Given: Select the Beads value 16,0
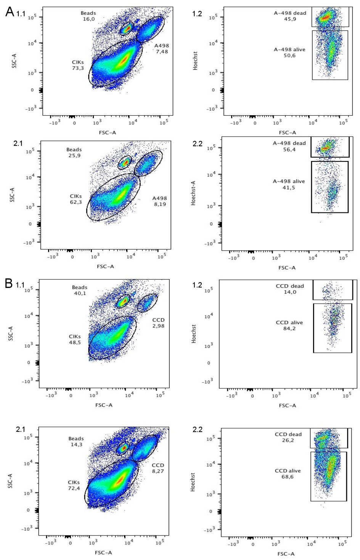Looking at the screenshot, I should pyautogui.click(x=88, y=19).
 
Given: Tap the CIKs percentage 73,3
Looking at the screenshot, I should pyautogui.click(x=78, y=68).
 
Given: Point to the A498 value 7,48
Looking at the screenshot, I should pyautogui.click(x=162, y=52).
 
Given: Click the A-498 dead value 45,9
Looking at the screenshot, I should pyautogui.click(x=290, y=19).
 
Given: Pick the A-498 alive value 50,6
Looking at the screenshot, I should pyautogui.click(x=289, y=56).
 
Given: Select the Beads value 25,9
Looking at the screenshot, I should pyautogui.click(x=74, y=156).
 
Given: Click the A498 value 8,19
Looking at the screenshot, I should pyautogui.click(x=160, y=204).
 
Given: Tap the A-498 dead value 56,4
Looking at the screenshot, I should pyautogui.click(x=289, y=150).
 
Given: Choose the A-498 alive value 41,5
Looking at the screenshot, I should pyautogui.click(x=289, y=188).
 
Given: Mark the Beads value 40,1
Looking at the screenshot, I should pyautogui.click(x=80, y=293).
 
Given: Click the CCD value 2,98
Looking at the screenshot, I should pyautogui.click(x=159, y=326).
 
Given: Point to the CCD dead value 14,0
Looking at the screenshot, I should pyautogui.click(x=290, y=292).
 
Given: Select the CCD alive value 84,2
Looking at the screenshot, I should pyautogui.click(x=289, y=329).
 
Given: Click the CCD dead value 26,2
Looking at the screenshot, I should pyautogui.click(x=288, y=441).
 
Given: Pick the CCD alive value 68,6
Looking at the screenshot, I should pyautogui.click(x=288, y=477).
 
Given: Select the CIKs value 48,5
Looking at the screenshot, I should pyautogui.click(x=75, y=343).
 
